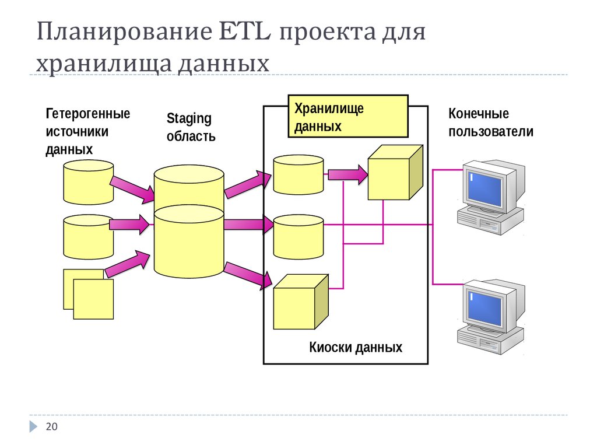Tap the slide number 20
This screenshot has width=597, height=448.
coord(52,428)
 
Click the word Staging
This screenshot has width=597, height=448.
coord(189,118)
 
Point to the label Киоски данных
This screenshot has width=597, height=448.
coord(355,348)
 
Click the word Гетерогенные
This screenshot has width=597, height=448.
coord(87,113)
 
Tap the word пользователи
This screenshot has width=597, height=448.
coord(490,131)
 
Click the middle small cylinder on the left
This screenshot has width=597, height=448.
coord(87,236)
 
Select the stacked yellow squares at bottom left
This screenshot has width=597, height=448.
coord(89,294)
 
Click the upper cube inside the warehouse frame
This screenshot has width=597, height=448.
coord(394,173)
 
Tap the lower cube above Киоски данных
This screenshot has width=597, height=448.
coord(300,302)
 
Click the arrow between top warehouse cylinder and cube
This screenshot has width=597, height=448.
coord(347,173)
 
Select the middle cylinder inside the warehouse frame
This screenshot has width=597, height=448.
coord(298,236)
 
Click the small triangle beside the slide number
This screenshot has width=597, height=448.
coord(34,427)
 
